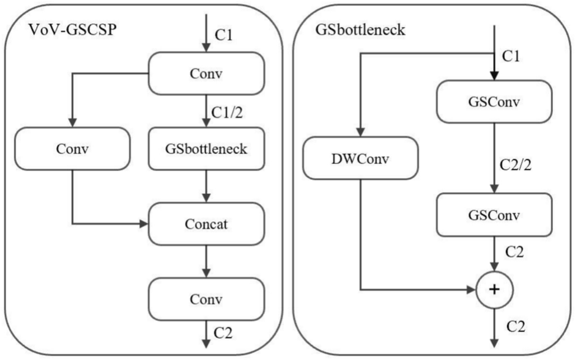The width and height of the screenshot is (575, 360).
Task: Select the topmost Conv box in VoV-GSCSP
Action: click(206, 73)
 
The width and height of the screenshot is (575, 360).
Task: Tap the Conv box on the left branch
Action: click(72, 149)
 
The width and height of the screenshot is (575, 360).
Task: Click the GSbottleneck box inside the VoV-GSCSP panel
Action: click(206, 149)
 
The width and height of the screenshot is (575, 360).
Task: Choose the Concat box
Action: click(206, 224)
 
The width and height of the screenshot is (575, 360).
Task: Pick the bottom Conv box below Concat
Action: click(206, 299)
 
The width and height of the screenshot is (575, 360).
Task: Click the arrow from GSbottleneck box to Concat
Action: click(206, 186)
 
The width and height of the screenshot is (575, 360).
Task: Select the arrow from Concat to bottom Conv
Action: click(206, 262)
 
